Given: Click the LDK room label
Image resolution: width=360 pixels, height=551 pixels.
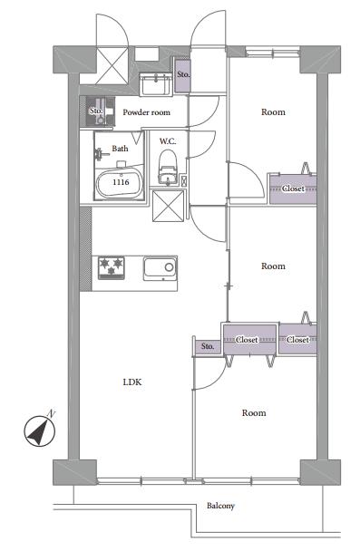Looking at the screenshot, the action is coord(132,382).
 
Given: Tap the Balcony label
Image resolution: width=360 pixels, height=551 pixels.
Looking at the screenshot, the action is coord(220,506).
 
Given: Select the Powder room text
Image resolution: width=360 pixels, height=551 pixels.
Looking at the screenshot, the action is coord(146,112).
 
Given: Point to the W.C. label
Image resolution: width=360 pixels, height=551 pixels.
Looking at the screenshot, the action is coord(168,141).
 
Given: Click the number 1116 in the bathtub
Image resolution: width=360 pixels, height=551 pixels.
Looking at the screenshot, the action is coord(121,182).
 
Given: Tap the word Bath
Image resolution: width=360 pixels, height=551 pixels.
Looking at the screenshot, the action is coord(120,149).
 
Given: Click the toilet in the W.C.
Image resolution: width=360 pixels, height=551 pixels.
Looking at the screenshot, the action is coord(168,167).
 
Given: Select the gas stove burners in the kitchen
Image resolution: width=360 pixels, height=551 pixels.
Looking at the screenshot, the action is coord(112,267).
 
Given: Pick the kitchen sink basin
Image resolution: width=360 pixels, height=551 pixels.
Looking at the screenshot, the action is coord(160,268).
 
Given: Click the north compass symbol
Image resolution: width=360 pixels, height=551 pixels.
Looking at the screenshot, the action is coord(40,431).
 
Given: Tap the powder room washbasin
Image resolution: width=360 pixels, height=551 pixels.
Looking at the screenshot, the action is coord(155,84).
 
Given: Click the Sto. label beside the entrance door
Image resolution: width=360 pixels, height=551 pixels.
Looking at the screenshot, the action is coord(183,74).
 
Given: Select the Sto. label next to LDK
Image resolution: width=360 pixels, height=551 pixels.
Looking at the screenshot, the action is coord(208,346).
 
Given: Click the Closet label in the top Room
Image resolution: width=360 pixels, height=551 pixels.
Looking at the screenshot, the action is coord(293,188).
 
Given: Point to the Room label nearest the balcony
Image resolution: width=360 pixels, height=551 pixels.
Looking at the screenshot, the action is coord(254,413).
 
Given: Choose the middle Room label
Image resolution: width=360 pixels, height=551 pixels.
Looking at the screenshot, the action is coord(273,266).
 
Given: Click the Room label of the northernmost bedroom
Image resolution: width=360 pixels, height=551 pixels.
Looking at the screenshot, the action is coord(273,112).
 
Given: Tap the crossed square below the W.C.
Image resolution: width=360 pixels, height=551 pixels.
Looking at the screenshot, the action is coord(168,206).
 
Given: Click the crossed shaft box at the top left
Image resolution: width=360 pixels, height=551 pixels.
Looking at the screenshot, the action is coord(112,66).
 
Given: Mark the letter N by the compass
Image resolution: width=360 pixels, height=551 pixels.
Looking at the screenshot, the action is coord(52,413).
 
